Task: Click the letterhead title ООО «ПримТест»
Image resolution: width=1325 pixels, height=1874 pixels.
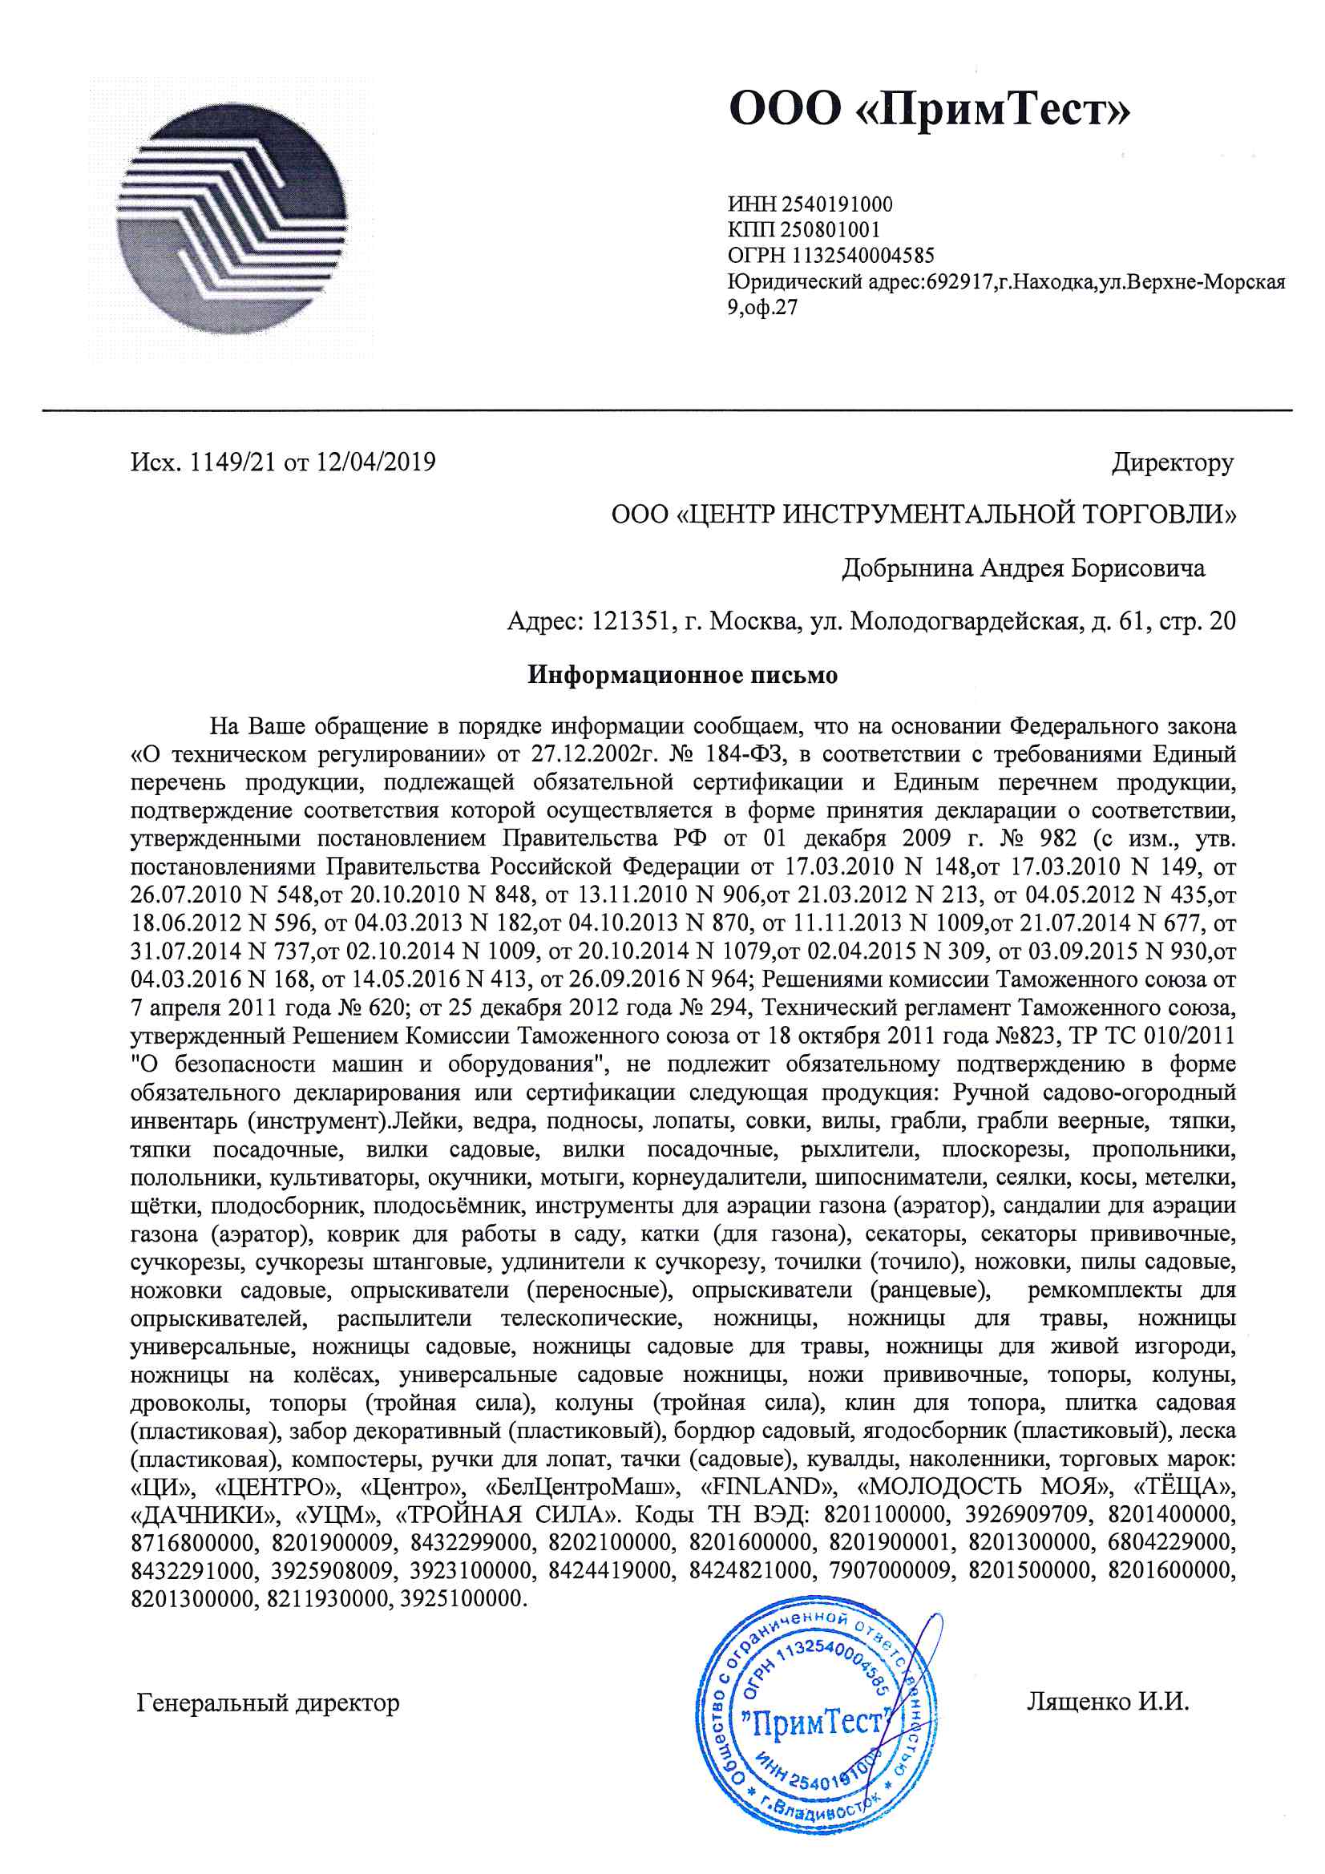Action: [928, 108]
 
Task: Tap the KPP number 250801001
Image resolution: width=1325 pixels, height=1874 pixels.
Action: [830, 230]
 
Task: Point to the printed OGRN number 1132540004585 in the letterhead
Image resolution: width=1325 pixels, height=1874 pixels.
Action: [863, 256]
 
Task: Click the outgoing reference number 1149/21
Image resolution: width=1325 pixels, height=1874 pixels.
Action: [232, 462]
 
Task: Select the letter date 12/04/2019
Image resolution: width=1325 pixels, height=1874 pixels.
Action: [376, 462]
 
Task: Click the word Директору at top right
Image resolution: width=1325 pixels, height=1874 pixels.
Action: [1173, 462]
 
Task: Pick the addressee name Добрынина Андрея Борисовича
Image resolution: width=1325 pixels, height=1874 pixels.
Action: [1023, 568]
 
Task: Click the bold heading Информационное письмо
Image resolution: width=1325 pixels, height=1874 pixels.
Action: [681, 675]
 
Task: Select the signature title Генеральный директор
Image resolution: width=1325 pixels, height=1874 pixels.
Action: [268, 1702]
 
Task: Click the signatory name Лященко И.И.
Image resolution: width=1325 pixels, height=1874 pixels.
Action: [1107, 1701]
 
